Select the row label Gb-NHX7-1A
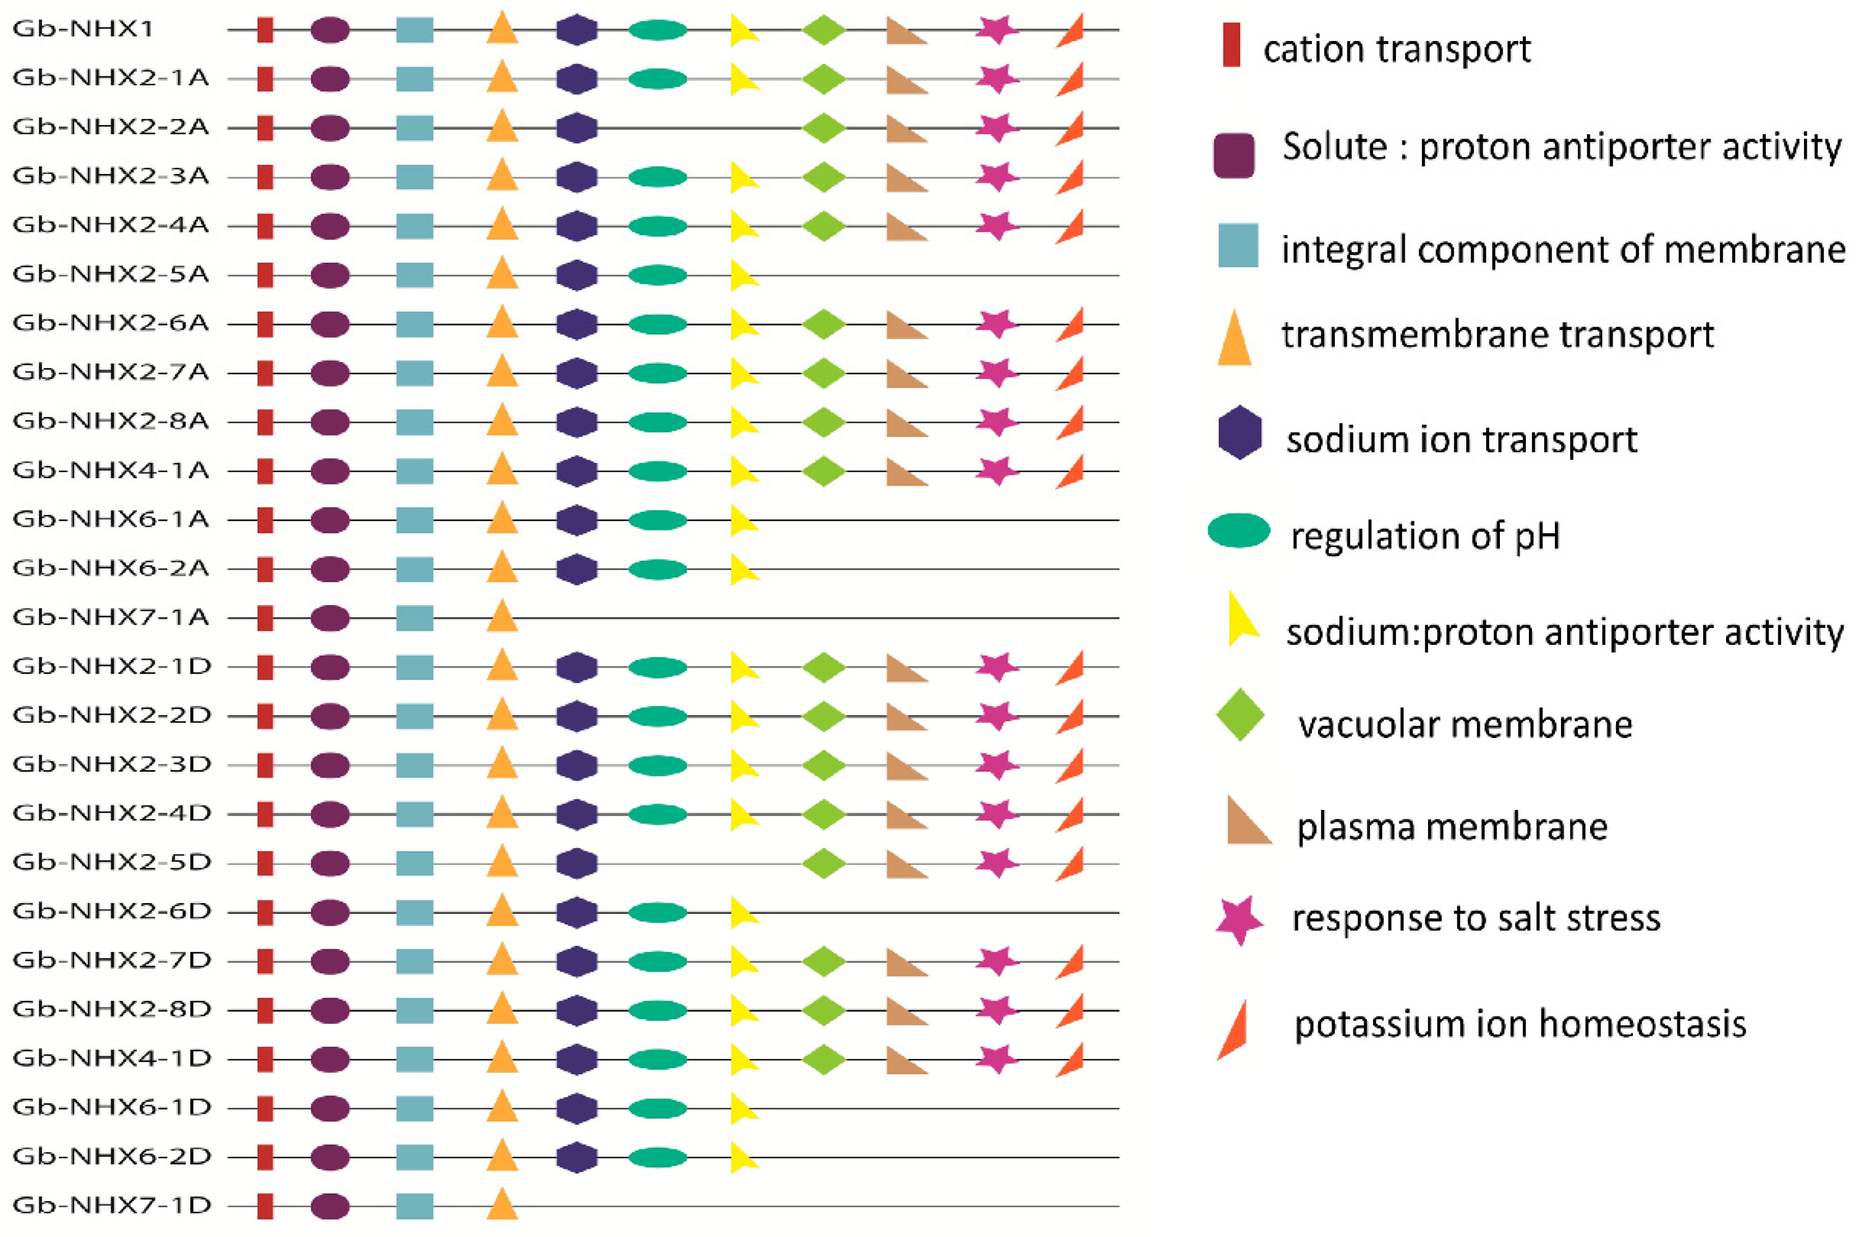pos(111,617)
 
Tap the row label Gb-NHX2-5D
pos(112,862)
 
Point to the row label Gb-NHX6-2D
pos(112,1157)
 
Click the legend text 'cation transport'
pos(1396,49)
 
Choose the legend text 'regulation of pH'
pos(1425,535)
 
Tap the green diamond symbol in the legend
pos(1240,714)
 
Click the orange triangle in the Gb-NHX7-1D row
pos(502,1204)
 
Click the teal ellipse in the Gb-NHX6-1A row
pos(658,520)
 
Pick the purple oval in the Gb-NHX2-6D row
pos(330,912)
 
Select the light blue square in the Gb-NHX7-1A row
pos(414,618)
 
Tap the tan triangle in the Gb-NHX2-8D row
pos(906,1011)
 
